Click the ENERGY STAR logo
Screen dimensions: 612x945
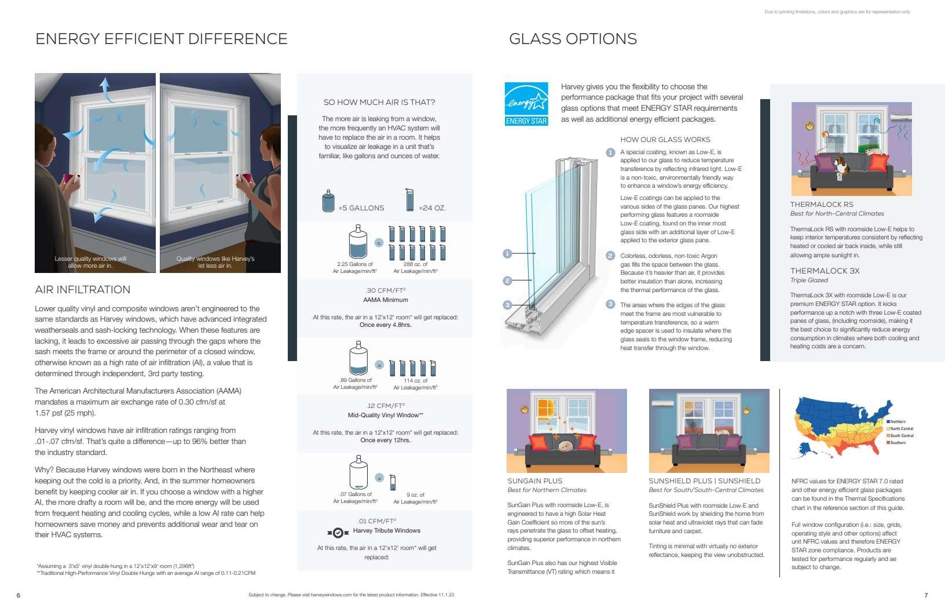(x=526, y=104)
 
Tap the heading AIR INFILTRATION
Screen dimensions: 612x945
(x=83, y=290)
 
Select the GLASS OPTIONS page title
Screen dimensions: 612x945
(x=573, y=39)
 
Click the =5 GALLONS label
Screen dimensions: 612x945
(x=361, y=208)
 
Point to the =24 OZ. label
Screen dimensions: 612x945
(x=432, y=208)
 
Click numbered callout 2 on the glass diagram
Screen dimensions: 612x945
(x=507, y=280)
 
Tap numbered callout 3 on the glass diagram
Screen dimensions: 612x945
(x=507, y=305)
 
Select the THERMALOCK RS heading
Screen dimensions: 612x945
(x=822, y=205)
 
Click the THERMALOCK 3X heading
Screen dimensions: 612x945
(x=825, y=271)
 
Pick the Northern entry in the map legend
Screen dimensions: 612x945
(x=898, y=422)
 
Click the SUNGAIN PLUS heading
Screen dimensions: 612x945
(x=534, y=481)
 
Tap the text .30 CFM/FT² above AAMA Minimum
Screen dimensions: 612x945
(x=386, y=290)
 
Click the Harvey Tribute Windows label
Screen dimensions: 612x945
(x=386, y=531)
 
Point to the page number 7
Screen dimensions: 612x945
(x=926, y=595)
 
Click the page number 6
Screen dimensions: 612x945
(x=19, y=595)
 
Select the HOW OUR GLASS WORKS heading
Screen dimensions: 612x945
(x=665, y=140)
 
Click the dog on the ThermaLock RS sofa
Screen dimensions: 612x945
(x=843, y=165)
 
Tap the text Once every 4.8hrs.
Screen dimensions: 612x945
(x=385, y=325)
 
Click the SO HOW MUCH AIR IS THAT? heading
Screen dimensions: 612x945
(x=379, y=103)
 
